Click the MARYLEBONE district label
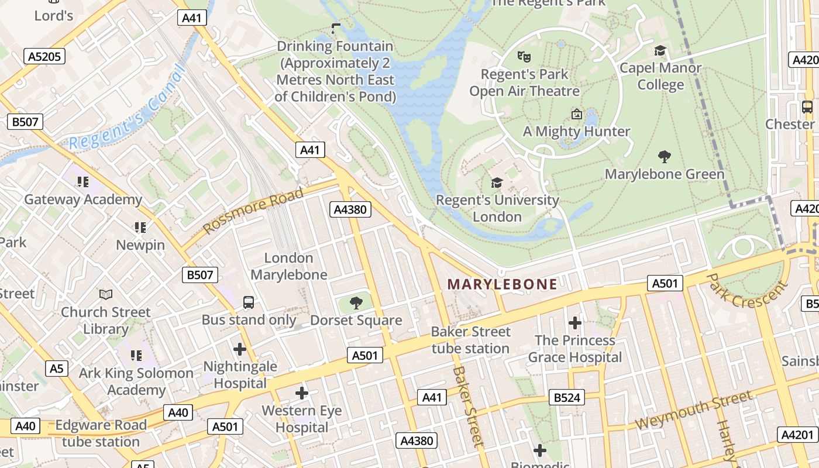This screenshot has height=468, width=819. [x=502, y=284]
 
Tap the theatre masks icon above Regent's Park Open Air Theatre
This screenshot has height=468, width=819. [x=524, y=57]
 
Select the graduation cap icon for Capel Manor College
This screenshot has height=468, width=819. [x=660, y=51]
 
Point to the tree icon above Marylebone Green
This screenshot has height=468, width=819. [x=664, y=157]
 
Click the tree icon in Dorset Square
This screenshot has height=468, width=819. [x=356, y=303]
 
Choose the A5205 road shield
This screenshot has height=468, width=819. [x=44, y=56]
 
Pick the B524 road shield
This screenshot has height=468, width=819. [x=566, y=398]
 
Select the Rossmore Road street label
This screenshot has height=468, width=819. [x=253, y=210]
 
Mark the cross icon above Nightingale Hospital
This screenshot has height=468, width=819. [x=239, y=349]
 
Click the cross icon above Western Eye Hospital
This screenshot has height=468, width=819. [x=301, y=393]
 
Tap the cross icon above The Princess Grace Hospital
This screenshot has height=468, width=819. [x=574, y=323]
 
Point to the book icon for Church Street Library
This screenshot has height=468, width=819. [x=105, y=294]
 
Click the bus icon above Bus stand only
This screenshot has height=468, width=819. [x=249, y=302]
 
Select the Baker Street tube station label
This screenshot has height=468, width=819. [x=470, y=340]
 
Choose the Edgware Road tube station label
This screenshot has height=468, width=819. [x=101, y=433]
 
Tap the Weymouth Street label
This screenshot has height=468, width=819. [x=693, y=410]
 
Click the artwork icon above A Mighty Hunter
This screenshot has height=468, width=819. [x=576, y=114]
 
